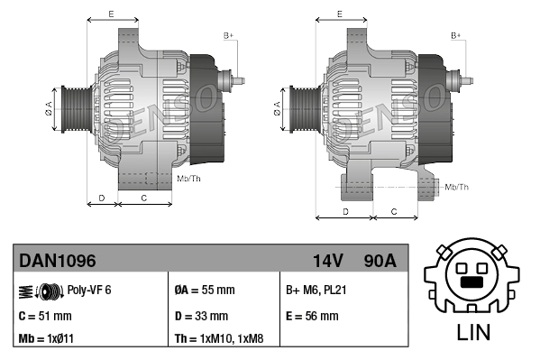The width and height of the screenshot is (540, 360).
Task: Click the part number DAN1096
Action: (x=58, y=261)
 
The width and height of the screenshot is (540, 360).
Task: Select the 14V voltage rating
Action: (x=327, y=261)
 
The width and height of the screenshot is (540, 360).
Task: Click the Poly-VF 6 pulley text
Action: (x=89, y=290)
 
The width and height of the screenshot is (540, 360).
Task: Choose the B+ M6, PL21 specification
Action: (x=316, y=290)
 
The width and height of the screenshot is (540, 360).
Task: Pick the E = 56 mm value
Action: (x=312, y=316)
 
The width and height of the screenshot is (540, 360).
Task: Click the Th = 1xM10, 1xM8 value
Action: (x=219, y=339)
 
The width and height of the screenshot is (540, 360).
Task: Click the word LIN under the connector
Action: (x=473, y=332)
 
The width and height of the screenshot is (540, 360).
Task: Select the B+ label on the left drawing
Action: (x=228, y=35)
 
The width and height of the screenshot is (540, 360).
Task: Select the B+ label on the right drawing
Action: (x=455, y=35)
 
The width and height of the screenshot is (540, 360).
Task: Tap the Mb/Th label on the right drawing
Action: (x=457, y=187)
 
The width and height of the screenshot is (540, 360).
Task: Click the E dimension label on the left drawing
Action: (x=110, y=14)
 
